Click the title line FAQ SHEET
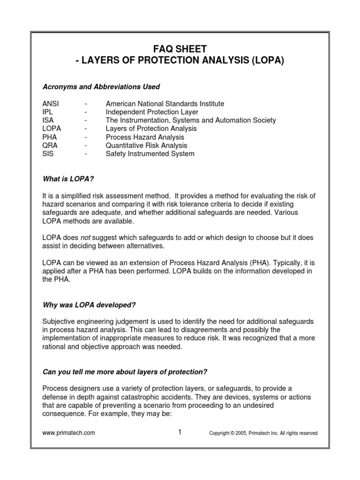coord(180,48)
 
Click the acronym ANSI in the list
coord(51,104)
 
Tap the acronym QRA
coord(49,146)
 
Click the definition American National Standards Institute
coord(165,104)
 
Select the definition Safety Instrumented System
coord(150,154)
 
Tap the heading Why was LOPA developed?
coord(89,305)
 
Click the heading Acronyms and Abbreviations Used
coord(101,87)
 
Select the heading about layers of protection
coord(125,372)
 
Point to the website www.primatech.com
coord(68,433)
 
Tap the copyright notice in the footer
coord(263,434)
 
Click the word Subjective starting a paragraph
coord(59,322)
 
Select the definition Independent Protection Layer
coord(152,112)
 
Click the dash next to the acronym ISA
coord(86,120)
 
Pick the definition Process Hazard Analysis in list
coord(145,137)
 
